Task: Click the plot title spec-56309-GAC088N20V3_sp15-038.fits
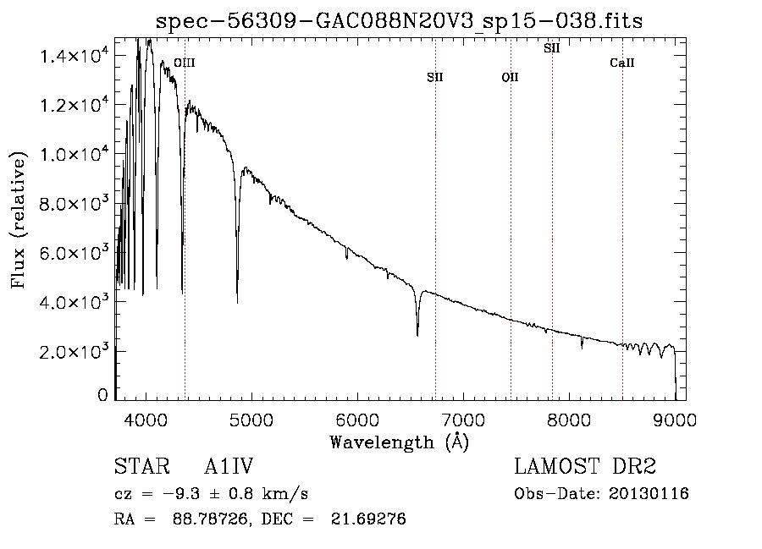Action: tap(399, 21)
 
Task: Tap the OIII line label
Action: tap(185, 63)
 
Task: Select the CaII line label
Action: tap(622, 63)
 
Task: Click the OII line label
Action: tap(511, 77)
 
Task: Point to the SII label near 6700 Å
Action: tap(435, 77)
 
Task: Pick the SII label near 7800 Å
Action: tap(551, 48)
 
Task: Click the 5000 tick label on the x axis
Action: tap(251, 420)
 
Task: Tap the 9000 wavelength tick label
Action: tap(675, 420)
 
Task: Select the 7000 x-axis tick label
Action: tap(463, 420)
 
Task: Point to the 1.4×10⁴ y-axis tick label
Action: tap(73, 57)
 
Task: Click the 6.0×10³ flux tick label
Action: tap(73, 254)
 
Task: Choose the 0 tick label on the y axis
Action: tap(102, 394)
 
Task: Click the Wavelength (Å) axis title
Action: tap(399, 442)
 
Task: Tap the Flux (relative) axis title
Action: tap(18, 220)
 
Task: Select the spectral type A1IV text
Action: tap(229, 466)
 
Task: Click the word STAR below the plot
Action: tap(142, 466)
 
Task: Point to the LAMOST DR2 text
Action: tap(585, 466)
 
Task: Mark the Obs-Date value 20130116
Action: tap(649, 494)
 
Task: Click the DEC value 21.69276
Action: tap(368, 519)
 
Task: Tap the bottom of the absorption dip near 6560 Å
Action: tap(417, 336)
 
